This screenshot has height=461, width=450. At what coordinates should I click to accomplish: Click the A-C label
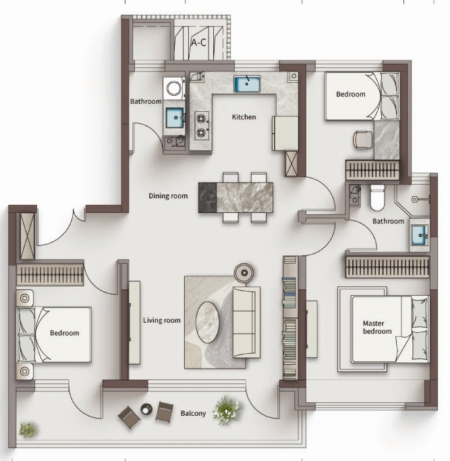[x=198, y=43]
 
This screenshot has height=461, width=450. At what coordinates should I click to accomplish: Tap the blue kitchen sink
[x=247, y=84]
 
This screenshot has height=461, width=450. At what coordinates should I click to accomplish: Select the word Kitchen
[x=244, y=117]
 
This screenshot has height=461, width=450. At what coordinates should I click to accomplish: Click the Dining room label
[x=168, y=196]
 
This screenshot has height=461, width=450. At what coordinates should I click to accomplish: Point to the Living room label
[x=162, y=320]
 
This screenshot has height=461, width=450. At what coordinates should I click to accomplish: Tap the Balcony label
[x=193, y=413]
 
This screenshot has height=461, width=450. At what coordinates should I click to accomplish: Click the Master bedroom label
[x=377, y=328]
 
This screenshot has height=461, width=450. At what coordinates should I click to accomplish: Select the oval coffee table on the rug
[x=208, y=322]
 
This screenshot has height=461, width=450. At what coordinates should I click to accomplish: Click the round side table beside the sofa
[x=244, y=273]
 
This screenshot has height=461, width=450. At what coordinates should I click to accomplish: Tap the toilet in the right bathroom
[x=378, y=197]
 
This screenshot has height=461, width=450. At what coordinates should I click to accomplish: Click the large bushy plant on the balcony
[x=227, y=410]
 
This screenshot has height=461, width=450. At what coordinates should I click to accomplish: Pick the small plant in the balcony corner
[x=28, y=430]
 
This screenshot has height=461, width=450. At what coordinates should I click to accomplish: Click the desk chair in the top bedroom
[x=362, y=140]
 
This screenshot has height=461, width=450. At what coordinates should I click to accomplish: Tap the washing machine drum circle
[x=174, y=88]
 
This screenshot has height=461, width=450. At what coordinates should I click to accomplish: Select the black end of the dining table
[x=208, y=197]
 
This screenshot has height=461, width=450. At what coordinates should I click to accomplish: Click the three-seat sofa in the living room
[x=247, y=322]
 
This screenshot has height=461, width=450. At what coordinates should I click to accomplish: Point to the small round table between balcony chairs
[x=146, y=408]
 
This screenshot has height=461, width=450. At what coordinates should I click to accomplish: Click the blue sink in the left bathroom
[x=175, y=117]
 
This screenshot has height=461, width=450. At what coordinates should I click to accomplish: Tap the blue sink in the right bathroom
[x=420, y=235]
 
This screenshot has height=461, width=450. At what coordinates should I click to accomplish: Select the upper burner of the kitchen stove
[x=201, y=119]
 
